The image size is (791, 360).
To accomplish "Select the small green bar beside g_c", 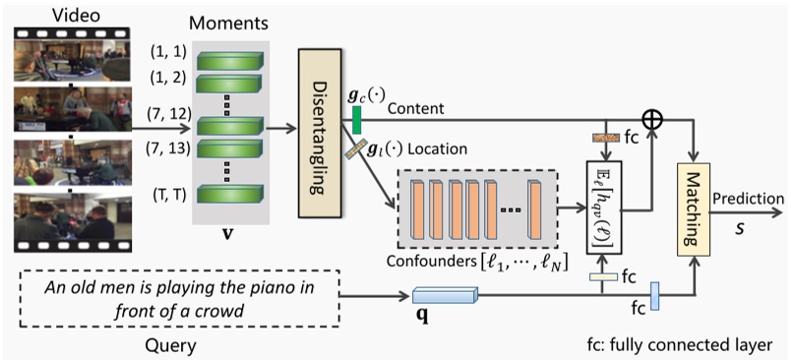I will click(x=358, y=119).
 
